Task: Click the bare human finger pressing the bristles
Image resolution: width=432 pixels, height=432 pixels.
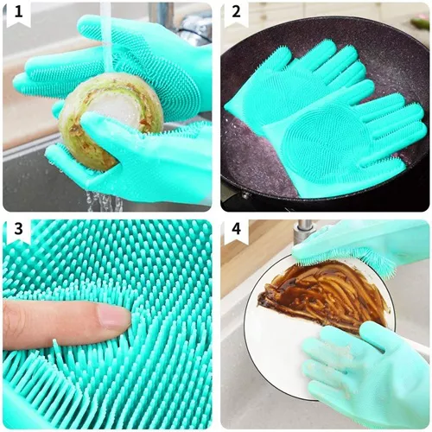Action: tap(60, 324)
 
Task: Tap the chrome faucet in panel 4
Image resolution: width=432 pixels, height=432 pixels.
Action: tap(302, 232)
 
